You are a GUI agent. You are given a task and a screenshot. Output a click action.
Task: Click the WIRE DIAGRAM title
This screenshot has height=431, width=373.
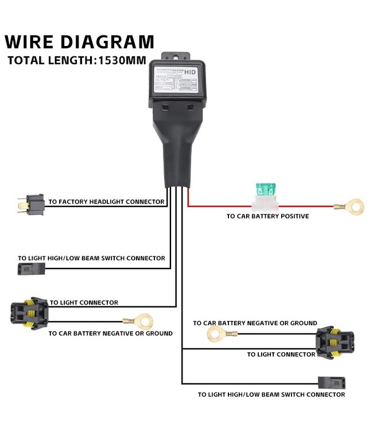coord(80,42)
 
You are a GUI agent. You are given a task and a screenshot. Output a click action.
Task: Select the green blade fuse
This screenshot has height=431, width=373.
coord(266,190)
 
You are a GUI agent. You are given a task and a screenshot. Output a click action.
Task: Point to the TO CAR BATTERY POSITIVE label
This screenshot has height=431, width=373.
coord(267,217)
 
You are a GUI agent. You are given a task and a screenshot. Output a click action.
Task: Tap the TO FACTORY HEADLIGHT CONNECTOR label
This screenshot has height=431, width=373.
coord(107,202)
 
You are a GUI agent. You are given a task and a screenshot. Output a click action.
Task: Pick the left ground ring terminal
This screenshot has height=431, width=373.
coord(144,321)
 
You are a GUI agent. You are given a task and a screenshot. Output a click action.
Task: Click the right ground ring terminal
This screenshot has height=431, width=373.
coord(215,333)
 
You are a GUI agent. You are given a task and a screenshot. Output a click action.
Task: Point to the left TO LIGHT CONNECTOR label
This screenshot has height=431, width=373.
coord(84,303)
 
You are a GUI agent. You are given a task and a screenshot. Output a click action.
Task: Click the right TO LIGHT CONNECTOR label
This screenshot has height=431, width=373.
coord(281,355)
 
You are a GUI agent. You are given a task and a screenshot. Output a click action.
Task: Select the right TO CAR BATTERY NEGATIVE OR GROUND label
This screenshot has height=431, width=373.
coord(255,324)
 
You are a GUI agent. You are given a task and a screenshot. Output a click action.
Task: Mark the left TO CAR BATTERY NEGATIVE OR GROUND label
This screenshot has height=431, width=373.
coord(110,333)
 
